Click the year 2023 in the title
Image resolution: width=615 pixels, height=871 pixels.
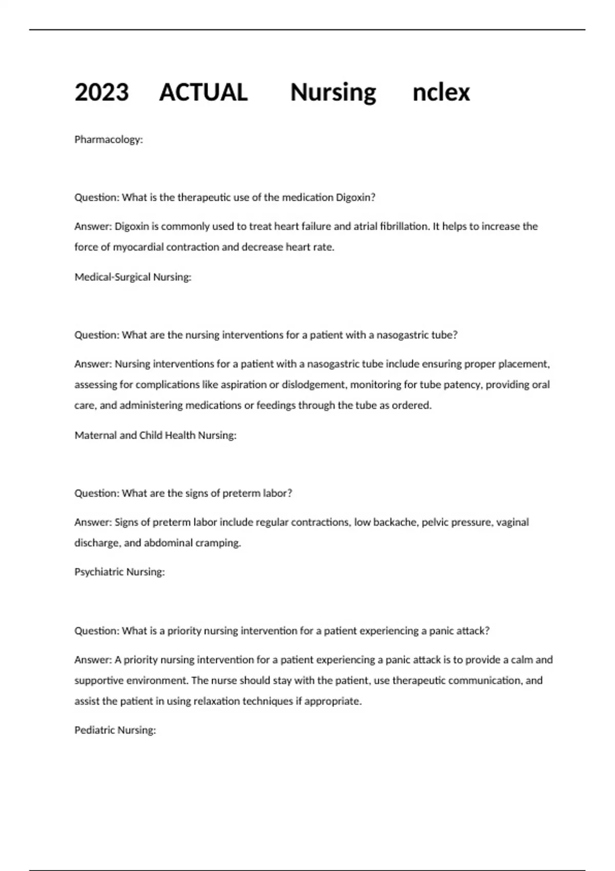[101, 93]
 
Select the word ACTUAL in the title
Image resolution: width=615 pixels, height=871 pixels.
[203, 93]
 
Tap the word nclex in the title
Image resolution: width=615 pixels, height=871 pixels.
[441, 93]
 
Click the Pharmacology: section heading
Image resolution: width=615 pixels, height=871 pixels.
[109, 139]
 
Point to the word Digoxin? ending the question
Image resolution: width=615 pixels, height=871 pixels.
[355, 197]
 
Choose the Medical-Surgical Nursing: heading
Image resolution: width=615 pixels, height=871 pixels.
[133, 277]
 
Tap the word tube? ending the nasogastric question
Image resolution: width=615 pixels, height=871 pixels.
[444, 335]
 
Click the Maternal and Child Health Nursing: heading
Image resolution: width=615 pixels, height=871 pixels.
[155, 435]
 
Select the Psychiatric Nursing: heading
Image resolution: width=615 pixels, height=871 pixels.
[119, 572]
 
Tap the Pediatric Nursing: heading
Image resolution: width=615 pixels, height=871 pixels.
[115, 730]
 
